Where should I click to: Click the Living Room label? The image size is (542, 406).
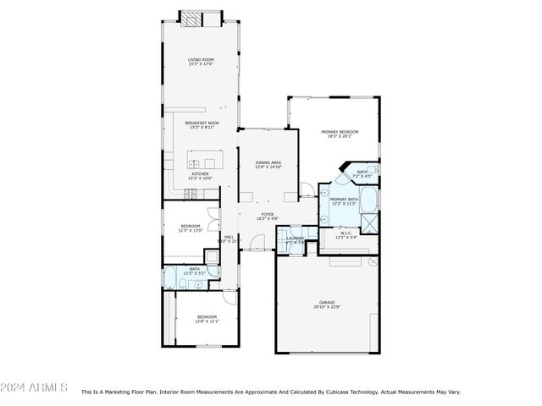pyautogui.click(x=201, y=61)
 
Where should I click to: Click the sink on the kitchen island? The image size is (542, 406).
pyautogui.click(x=195, y=163)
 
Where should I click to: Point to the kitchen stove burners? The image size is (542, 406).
pyautogui.click(x=190, y=195)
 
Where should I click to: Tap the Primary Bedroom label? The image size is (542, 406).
pyautogui.click(x=339, y=134)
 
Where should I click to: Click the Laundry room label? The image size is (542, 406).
pyautogui.click(x=295, y=239)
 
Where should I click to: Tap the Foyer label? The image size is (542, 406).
pyautogui.click(x=267, y=217)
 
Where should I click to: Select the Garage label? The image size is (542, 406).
pyautogui.click(x=327, y=304)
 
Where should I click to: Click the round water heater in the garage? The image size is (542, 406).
pyautogui.click(x=370, y=262)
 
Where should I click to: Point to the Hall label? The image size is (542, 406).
pyautogui.click(x=229, y=239)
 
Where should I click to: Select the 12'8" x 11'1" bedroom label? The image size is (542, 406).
pyautogui.click(x=207, y=320)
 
